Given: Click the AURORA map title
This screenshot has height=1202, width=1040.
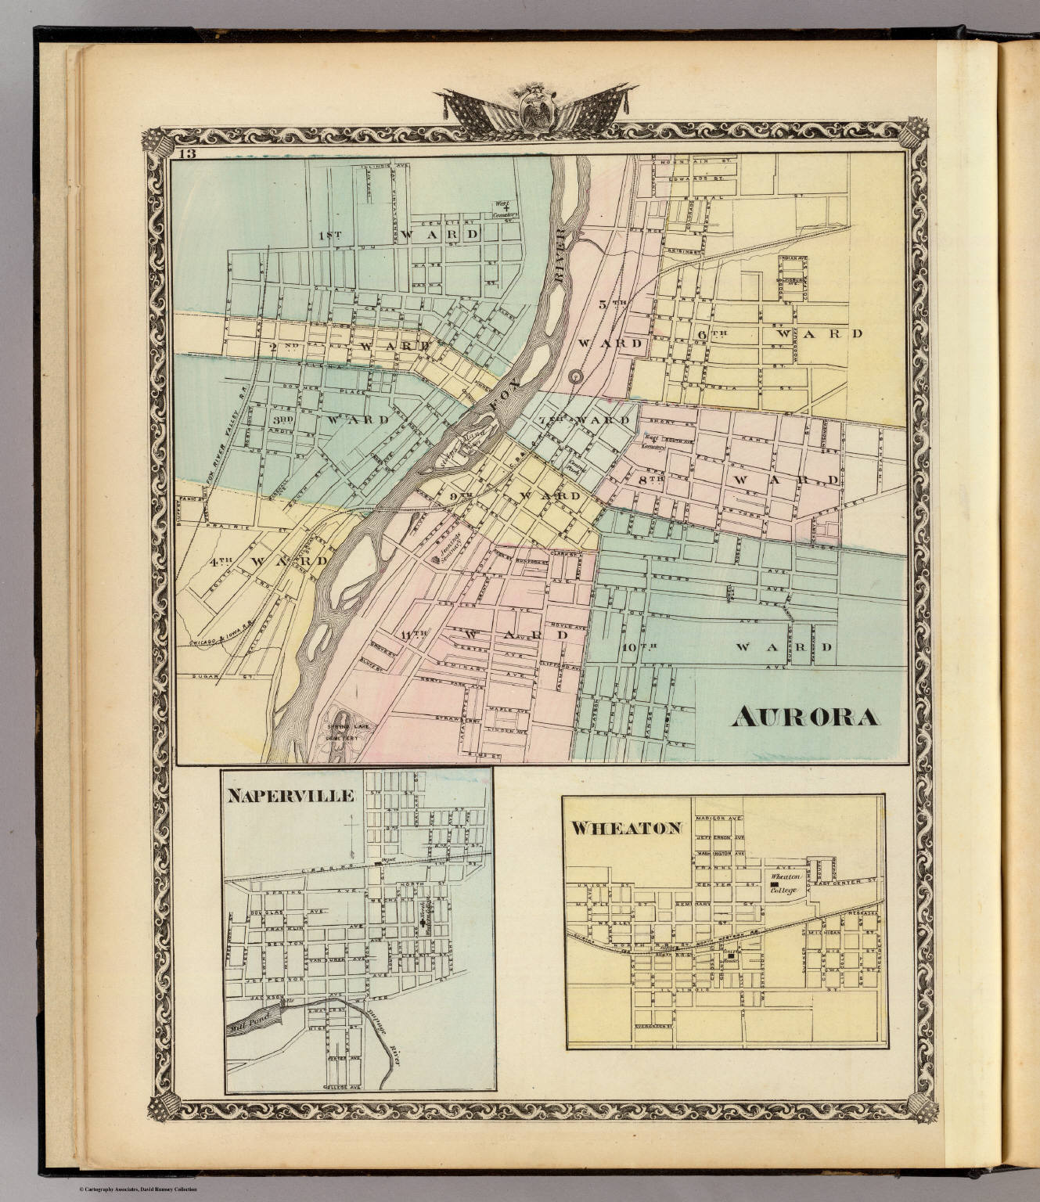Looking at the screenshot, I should (x=804, y=717).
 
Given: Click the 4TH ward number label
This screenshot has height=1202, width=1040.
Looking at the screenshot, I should (x=221, y=560).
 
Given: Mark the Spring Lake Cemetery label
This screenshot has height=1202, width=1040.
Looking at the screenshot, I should (x=344, y=732).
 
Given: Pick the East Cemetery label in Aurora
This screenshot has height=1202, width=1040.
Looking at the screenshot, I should (x=654, y=442).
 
